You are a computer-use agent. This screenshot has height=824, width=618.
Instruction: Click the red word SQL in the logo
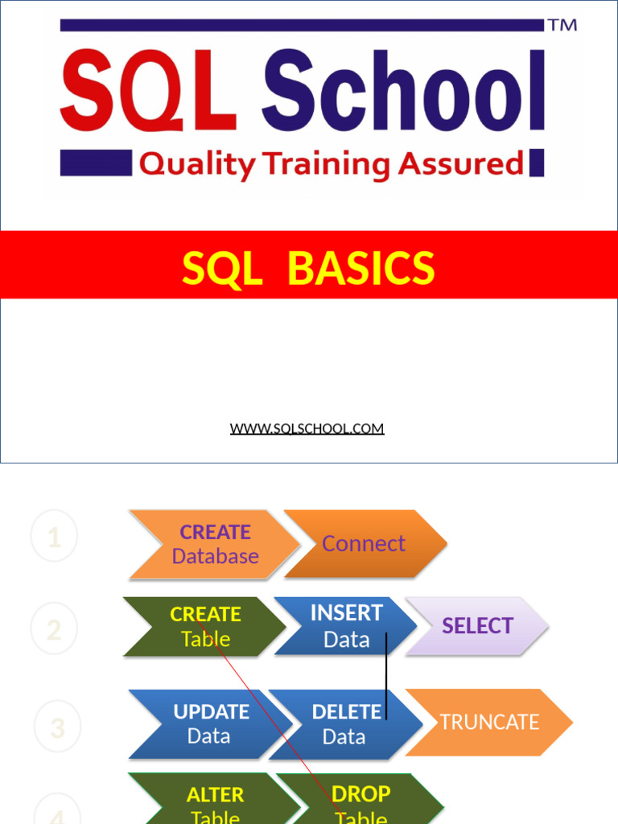point(149,93)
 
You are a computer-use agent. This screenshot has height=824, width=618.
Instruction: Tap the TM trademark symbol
point(562,25)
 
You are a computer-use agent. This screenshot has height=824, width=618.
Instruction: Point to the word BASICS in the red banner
point(360,268)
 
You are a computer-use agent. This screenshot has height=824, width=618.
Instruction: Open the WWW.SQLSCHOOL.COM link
point(307,428)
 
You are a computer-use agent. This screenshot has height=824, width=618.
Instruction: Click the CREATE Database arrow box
point(213,544)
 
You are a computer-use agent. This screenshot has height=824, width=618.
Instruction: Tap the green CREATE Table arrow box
point(204,627)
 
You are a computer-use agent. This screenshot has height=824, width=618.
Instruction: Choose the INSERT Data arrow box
point(345,627)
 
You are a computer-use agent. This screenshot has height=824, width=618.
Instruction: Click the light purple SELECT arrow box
point(476,626)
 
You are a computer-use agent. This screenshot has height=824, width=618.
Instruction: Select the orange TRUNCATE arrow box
point(488,722)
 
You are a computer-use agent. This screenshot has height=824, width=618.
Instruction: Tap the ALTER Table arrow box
point(214,801)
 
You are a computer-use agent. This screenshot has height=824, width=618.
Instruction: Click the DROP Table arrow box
point(360,801)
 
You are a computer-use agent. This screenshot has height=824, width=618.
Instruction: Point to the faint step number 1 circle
point(54,537)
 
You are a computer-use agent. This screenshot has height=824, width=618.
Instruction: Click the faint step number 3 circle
point(57,727)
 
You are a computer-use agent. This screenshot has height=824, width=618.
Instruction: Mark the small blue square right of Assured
point(537,163)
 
